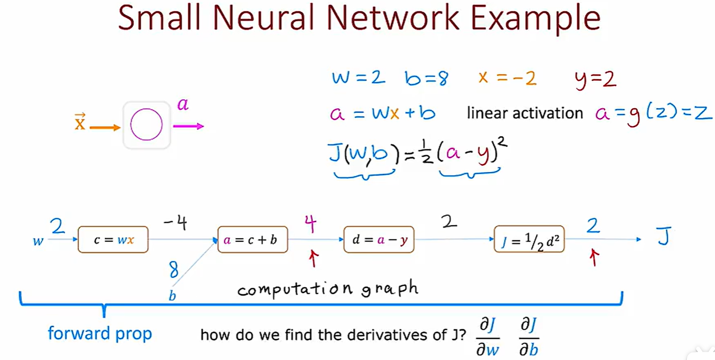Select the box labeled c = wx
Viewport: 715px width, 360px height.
(113, 240)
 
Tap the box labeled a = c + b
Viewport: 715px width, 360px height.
(253, 240)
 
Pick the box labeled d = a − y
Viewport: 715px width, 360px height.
(379, 240)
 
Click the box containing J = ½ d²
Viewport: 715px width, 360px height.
(529, 239)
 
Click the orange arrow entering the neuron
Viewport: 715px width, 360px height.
(105, 128)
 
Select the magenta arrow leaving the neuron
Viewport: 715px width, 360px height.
(188, 126)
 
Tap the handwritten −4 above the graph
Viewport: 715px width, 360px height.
(176, 222)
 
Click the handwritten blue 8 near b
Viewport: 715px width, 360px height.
(174, 269)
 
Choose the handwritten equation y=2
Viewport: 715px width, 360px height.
(596, 80)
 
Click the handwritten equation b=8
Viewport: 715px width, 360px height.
(426, 78)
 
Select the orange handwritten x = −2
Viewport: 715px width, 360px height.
(507, 78)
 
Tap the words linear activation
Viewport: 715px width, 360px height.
(525, 113)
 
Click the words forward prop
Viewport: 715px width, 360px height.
(100, 334)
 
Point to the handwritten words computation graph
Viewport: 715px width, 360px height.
(328, 289)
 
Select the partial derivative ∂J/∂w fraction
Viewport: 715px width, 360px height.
(488, 337)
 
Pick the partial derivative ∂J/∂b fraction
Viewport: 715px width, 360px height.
(529, 337)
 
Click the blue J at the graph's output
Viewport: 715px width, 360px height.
(664, 236)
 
